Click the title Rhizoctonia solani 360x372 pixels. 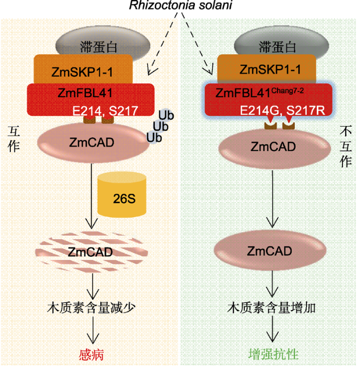coord(181,5)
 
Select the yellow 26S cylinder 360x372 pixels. coord(122,194)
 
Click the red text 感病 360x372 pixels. coord(92,355)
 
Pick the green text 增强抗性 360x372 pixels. coord(273,354)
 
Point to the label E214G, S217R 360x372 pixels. coord(282,111)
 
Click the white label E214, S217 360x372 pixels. coord(105,111)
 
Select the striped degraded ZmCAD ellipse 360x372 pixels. coord(92,252)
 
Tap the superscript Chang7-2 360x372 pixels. coord(287,91)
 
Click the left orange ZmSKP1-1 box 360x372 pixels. coord(83,69)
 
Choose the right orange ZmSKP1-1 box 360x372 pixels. coord(266,68)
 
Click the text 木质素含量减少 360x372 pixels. coord(92,308)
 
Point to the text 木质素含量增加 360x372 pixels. coord(272,308)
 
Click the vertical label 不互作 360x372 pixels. coord(346,146)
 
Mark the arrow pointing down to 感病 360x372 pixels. coord(93,330)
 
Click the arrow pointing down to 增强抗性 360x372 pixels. coord(272,329)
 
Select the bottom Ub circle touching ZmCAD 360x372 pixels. coord(154,137)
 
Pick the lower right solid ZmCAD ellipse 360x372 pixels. coord(270,251)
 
